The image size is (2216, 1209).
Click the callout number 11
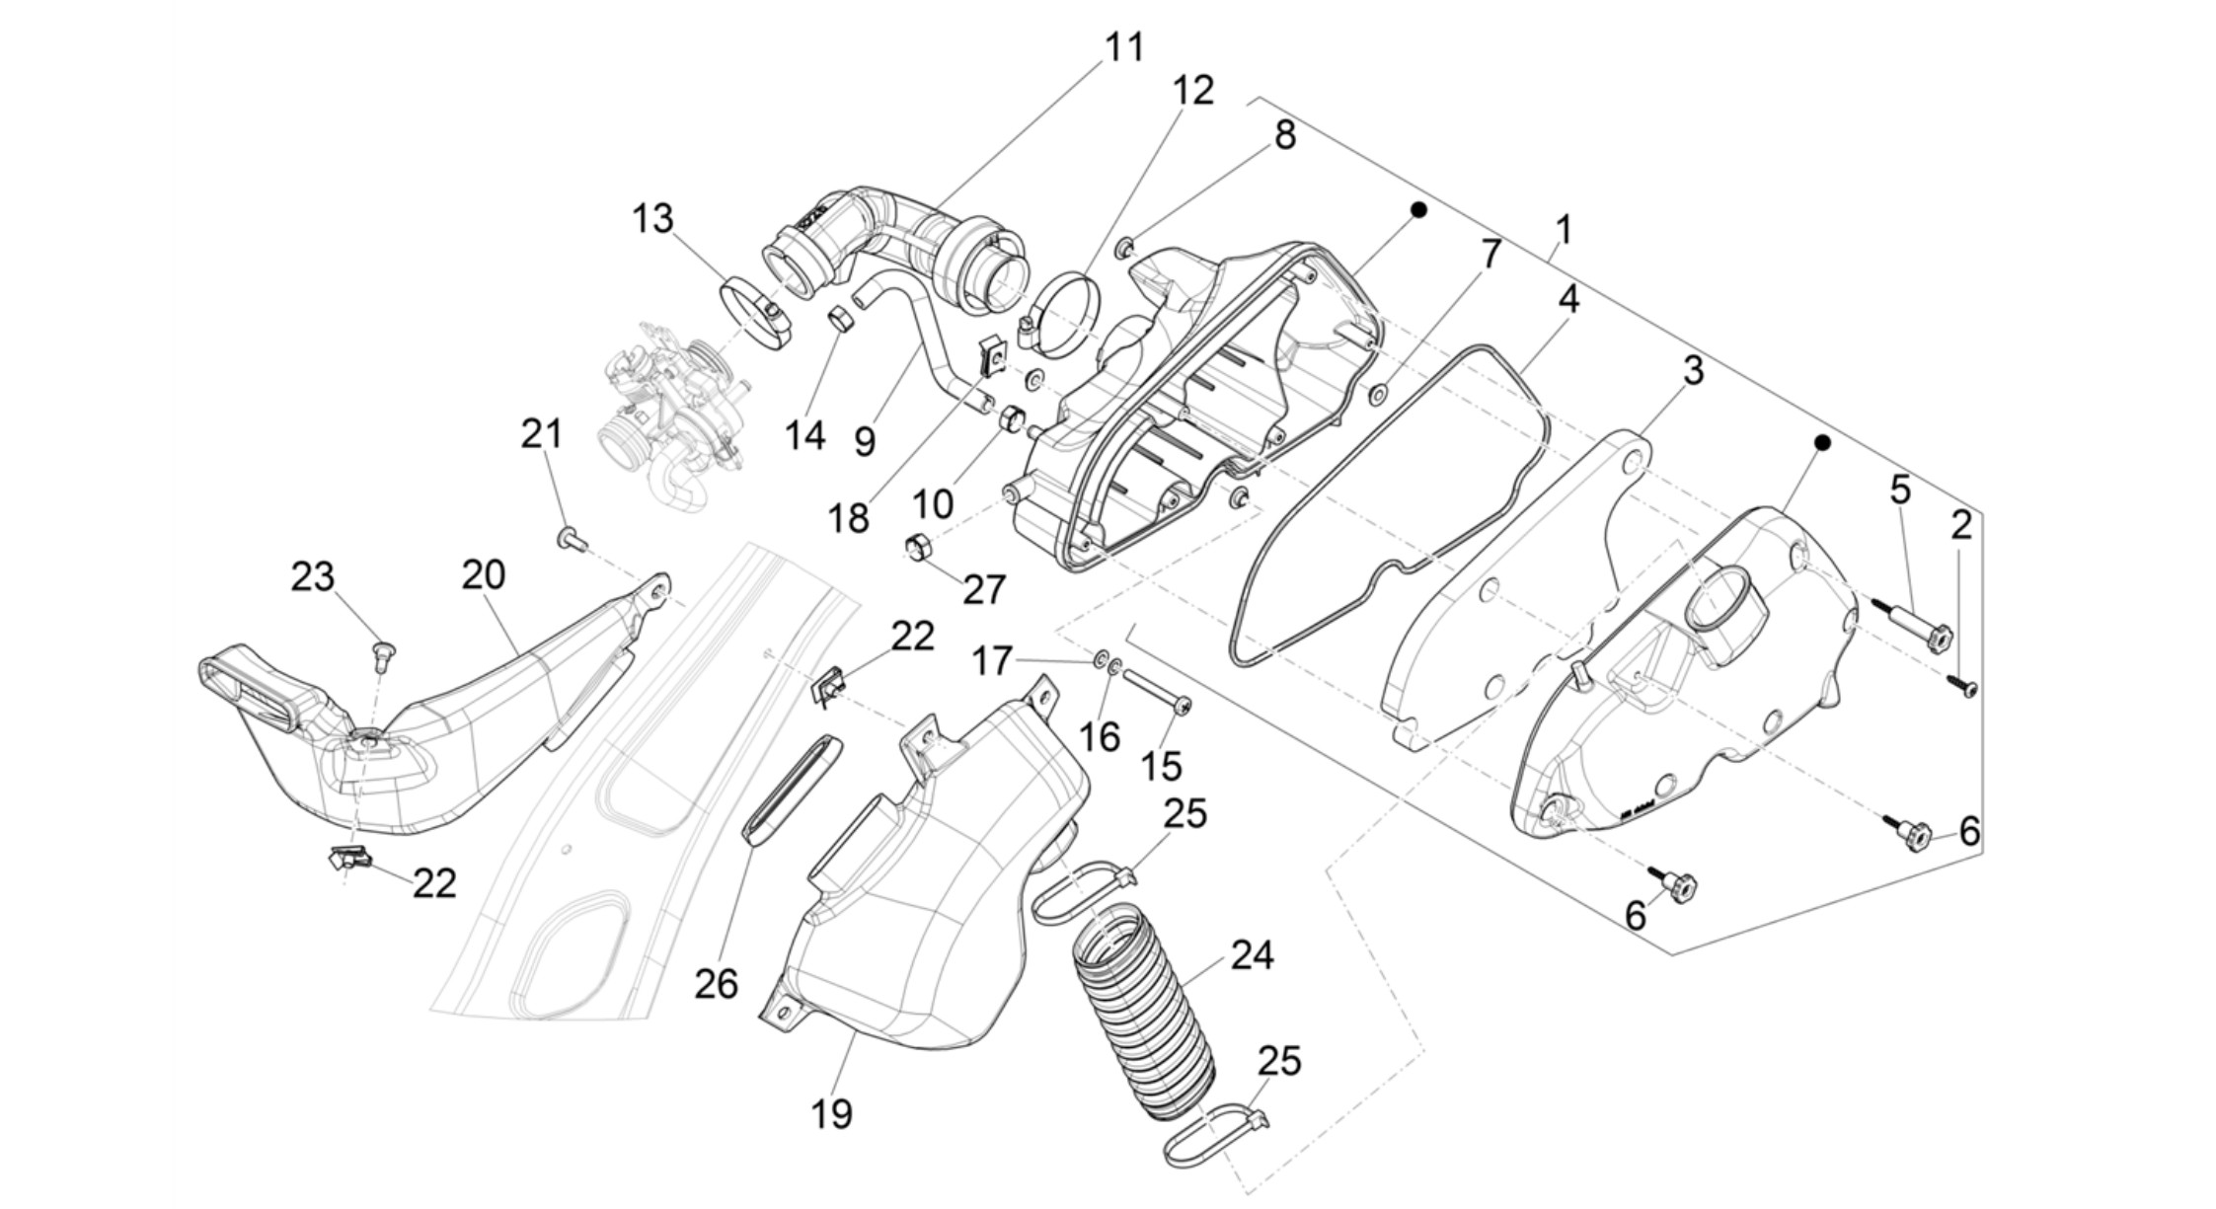1123,47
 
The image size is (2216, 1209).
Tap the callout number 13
652,219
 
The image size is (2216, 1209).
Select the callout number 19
831,1114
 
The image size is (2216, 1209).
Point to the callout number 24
1252,955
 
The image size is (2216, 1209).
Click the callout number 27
984,590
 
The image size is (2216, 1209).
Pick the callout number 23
312,576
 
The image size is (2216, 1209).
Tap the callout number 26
716,984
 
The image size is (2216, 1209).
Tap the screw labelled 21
571,539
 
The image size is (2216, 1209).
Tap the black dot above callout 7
1418,210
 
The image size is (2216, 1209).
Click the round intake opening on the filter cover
1716,597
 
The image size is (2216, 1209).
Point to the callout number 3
1693,371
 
